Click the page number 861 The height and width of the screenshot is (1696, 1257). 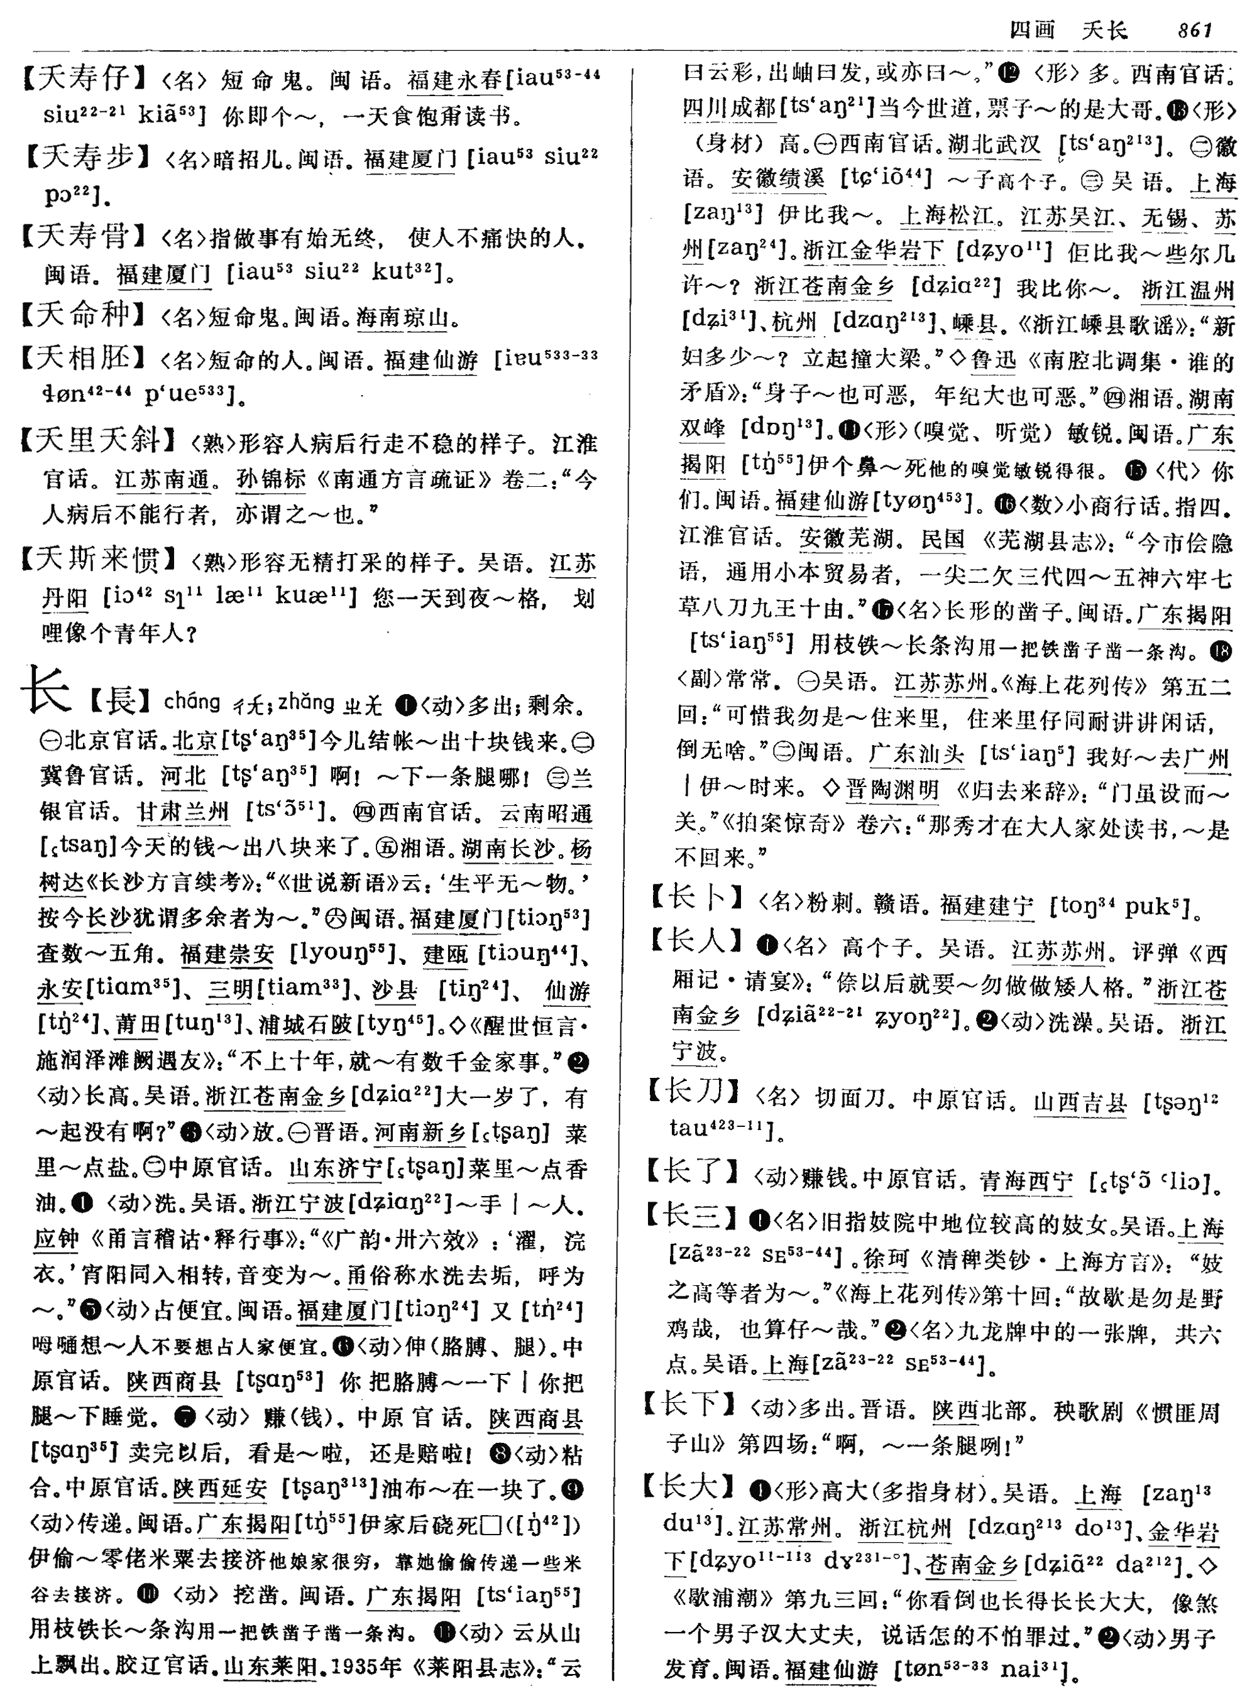click(x=1194, y=30)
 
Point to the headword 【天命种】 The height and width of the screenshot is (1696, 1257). click(x=84, y=315)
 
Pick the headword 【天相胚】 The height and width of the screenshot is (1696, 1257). click(x=84, y=357)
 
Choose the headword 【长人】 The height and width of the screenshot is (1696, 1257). click(x=696, y=943)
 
